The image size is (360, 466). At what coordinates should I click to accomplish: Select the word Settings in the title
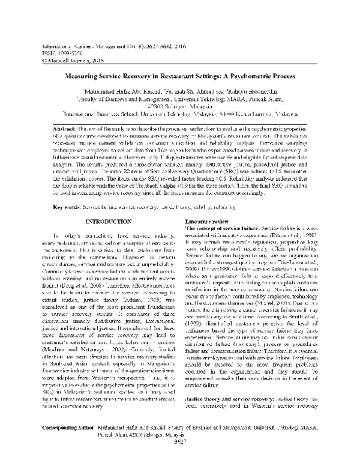pos(211,78)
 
